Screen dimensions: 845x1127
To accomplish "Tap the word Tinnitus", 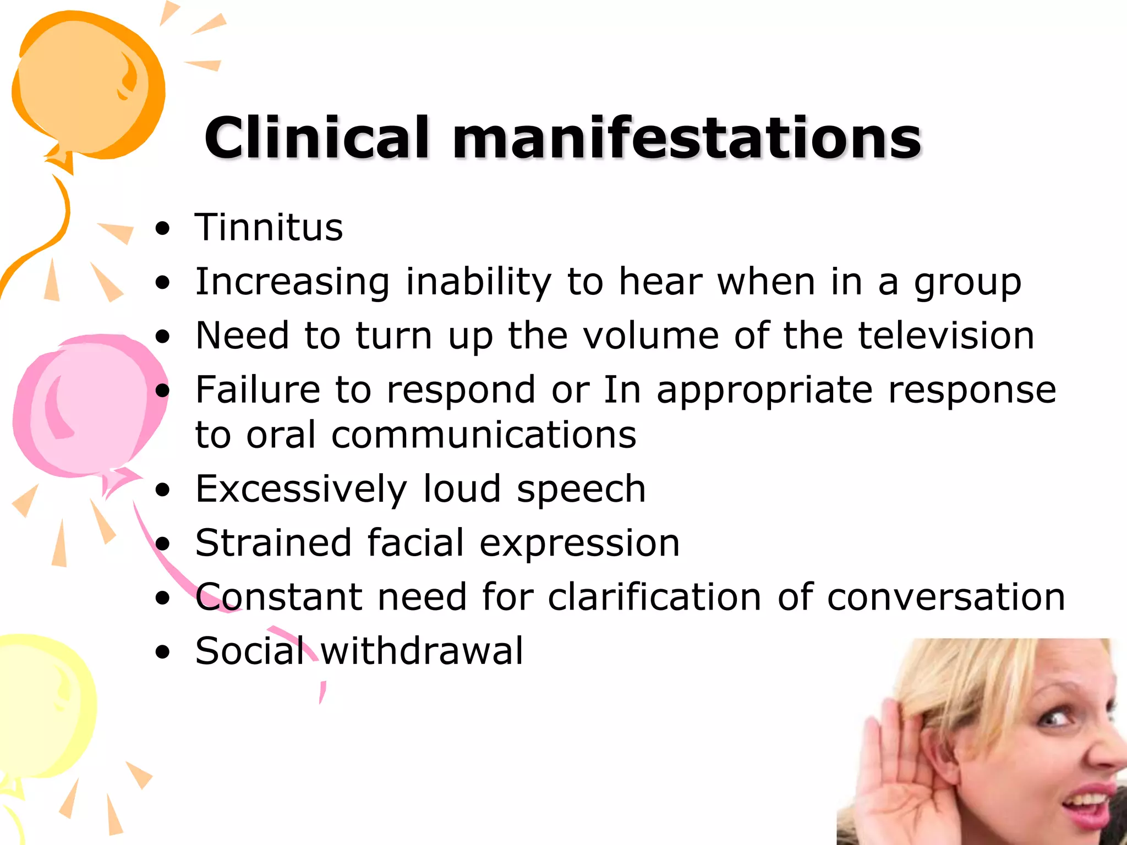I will [x=269, y=227].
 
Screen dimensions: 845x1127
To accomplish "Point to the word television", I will [x=946, y=336].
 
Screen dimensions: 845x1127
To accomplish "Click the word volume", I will [x=651, y=336].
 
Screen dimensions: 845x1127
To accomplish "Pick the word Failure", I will [x=258, y=389].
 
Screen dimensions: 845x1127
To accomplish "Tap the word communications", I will [x=484, y=435].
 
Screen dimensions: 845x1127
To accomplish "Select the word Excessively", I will [x=301, y=489].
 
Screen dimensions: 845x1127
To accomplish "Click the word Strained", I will [x=273, y=543].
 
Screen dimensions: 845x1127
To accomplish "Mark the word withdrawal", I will [x=422, y=651].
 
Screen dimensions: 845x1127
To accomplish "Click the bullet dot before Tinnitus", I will [x=163, y=229].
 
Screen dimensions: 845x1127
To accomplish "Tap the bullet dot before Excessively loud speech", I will [x=163, y=490].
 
